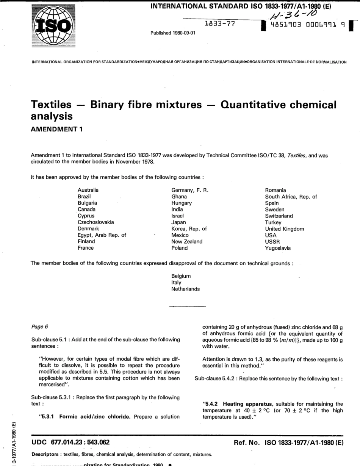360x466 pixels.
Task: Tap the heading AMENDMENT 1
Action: [x=57, y=128]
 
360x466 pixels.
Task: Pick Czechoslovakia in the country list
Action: [x=95, y=222]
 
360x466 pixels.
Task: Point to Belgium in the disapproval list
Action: [x=181, y=276]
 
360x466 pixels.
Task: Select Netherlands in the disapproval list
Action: [x=185, y=289]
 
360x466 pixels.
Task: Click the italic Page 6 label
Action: [x=40, y=326]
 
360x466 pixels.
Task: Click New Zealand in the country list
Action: [x=187, y=242]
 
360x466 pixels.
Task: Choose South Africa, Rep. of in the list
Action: [x=291, y=197]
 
